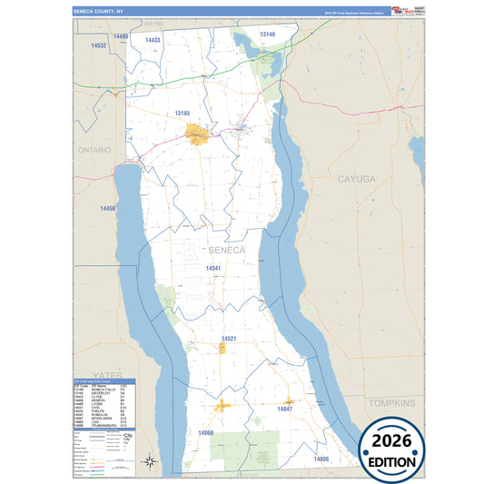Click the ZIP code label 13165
tap(182, 114)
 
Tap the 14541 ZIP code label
tap(212, 269)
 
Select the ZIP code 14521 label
tap(229, 339)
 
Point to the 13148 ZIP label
tap(267, 35)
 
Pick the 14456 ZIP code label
tap(107, 209)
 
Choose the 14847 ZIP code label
tap(284, 410)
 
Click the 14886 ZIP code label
tap(321, 459)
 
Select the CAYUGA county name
tap(355, 180)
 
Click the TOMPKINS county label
tap(391, 400)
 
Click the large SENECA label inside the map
tap(227, 250)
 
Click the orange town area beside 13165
tap(197, 135)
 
